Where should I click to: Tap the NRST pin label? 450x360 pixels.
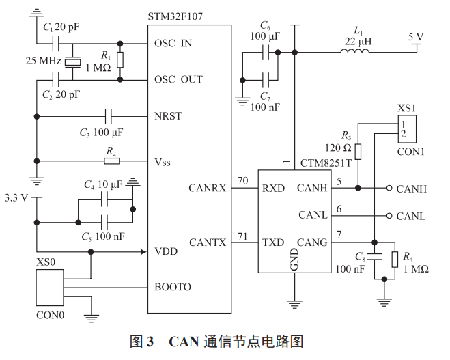coord(169,115)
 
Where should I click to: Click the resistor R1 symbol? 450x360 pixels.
coord(120,60)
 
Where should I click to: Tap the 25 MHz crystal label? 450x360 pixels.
coord(42,61)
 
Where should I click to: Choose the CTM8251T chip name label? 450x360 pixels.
coord(326,164)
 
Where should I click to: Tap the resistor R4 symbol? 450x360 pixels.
coord(395,260)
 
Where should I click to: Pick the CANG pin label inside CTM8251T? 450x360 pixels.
coord(312,243)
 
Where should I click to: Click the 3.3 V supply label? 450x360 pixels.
coord(16,198)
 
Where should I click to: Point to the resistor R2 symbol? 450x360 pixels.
coord(112,161)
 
